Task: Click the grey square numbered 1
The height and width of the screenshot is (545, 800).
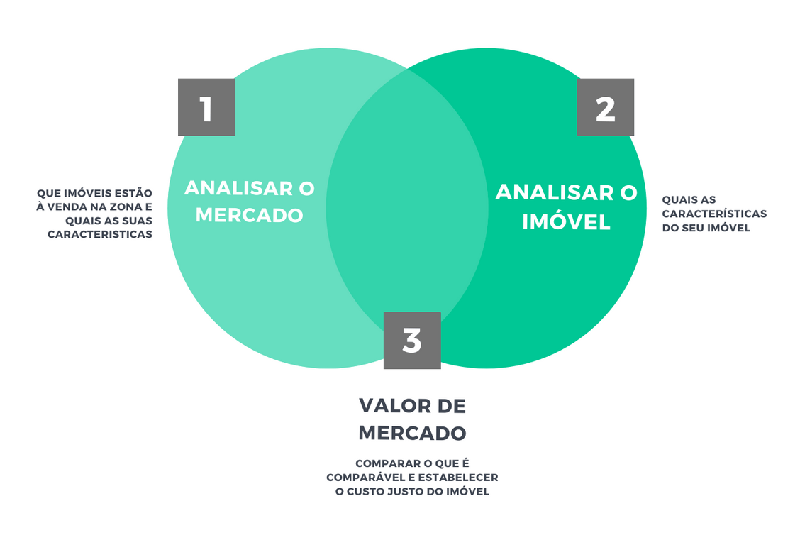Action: pyautogui.click(x=206, y=107)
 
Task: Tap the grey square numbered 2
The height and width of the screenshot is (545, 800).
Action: pyautogui.click(x=605, y=107)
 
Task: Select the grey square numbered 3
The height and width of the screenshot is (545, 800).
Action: pyautogui.click(x=412, y=340)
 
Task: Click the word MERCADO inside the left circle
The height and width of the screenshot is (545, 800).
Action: pyautogui.click(x=250, y=215)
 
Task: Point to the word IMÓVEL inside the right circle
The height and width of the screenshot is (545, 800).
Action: pyautogui.click(x=567, y=222)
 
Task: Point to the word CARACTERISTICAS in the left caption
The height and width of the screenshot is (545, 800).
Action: pyautogui.click(x=100, y=234)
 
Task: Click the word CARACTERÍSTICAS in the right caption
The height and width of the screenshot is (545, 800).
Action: pyautogui.click(x=714, y=214)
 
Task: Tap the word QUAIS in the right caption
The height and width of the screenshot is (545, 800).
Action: pyautogui.click(x=679, y=200)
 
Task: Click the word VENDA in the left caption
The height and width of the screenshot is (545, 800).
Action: pyautogui.click(x=72, y=207)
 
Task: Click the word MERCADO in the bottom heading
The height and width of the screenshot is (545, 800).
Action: pyautogui.click(x=412, y=433)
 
